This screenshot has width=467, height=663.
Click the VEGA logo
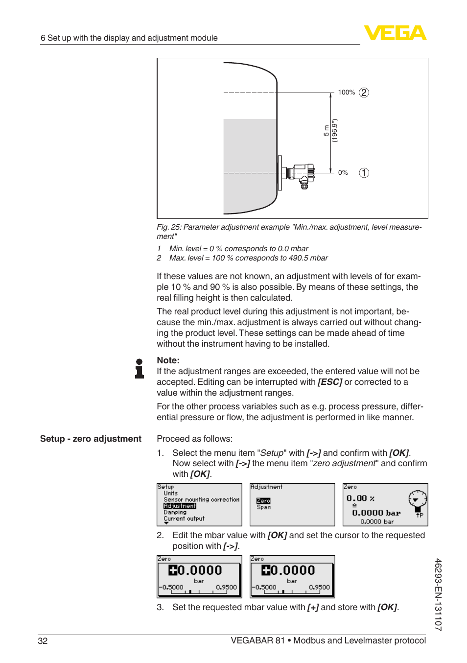395,33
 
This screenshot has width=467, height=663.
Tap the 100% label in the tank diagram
346,93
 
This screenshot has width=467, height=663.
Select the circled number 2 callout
364,93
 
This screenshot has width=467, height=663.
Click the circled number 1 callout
364,173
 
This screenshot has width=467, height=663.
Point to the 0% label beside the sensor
343,173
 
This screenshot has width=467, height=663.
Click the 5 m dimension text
327,131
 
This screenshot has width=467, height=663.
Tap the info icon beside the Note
140,369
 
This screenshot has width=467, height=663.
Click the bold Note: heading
168,360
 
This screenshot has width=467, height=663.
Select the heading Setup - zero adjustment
91,439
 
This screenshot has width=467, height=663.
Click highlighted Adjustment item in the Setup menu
180,506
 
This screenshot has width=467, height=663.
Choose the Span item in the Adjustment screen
263,507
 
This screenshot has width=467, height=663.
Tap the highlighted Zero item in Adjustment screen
263,501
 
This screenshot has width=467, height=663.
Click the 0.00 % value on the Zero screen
360,498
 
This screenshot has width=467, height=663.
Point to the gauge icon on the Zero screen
417,500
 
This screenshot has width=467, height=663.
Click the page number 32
43,641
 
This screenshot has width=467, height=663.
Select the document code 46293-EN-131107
438,594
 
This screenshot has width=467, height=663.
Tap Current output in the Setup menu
184,519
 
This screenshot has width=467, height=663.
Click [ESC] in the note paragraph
330,382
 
